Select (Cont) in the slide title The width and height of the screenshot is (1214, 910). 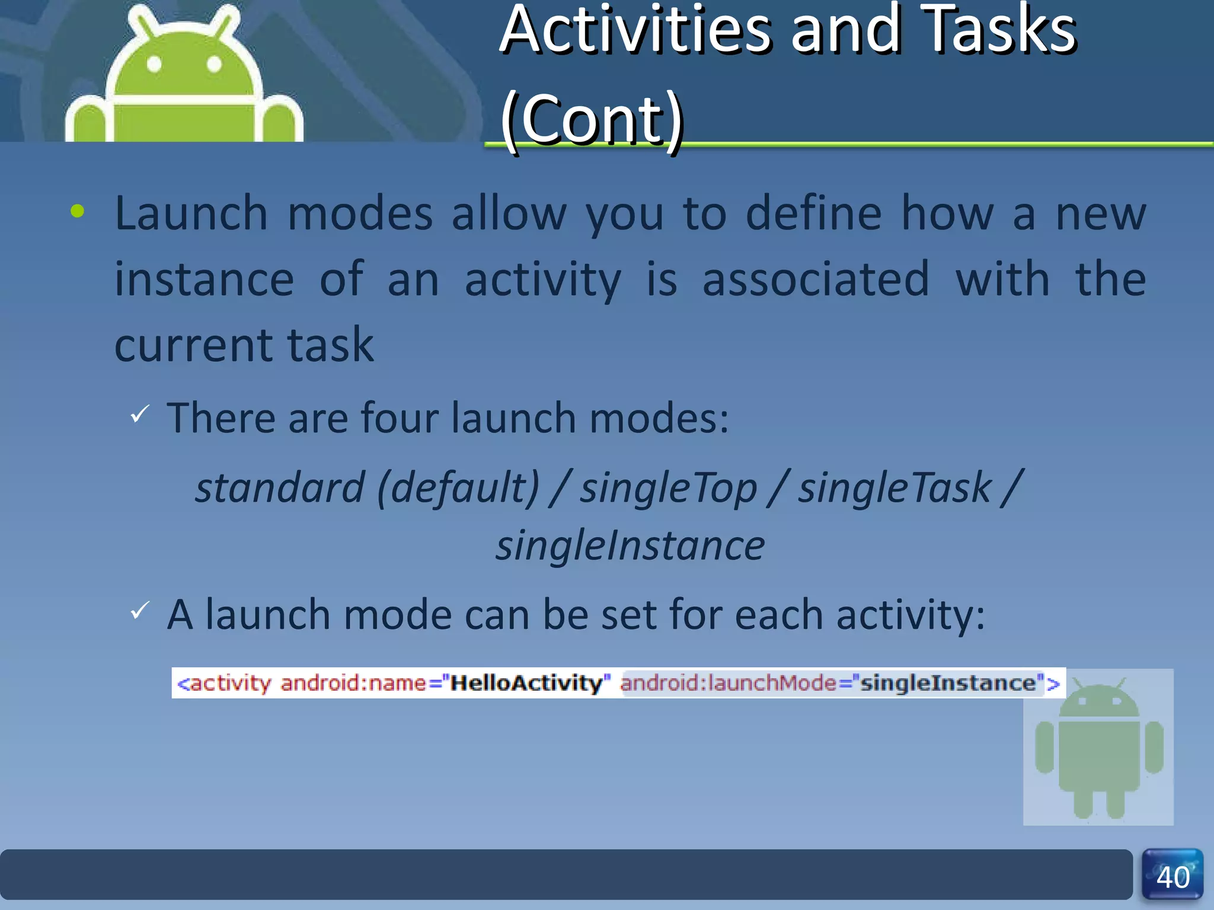click(592, 120)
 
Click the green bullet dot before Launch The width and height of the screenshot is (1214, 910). click(77, 211)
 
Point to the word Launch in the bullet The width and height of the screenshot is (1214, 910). click(191, 214)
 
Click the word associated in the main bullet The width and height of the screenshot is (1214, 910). click(816, 280)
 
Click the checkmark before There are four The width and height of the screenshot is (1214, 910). click(140, 414)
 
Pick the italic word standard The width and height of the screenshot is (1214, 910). click(279, 488)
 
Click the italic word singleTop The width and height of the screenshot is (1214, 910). click(668, 488)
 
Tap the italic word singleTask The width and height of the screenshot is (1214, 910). click(894, 488)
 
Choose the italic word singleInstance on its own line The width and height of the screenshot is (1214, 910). click(630, 546)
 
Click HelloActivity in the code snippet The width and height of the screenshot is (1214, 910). click(526, 683)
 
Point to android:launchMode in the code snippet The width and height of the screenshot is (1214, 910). click(728, 683)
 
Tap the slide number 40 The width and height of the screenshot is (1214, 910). click(1173, 877)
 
